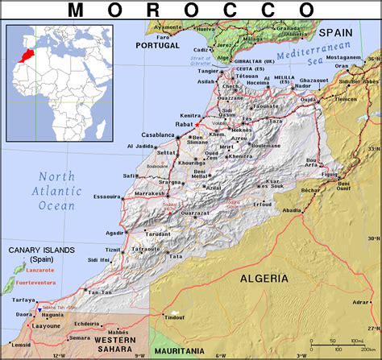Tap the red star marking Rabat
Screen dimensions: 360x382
tap(197, 126)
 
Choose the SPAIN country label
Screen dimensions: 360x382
tap(335, 32)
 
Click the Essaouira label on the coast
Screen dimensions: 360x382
tap(106, 196)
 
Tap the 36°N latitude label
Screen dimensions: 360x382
tap(373, 59)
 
